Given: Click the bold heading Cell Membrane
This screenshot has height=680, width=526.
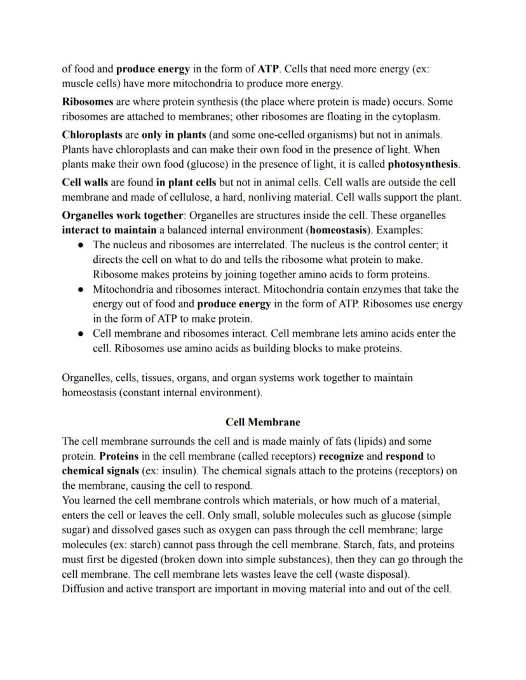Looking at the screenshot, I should [263, 422].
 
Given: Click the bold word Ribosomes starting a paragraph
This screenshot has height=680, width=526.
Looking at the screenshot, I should [88, 102].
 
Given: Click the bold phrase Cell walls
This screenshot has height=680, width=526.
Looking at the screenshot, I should [85, 182].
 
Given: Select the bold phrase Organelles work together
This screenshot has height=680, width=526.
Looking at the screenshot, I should [123, 215].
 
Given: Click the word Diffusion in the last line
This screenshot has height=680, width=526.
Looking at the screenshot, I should [84, 589].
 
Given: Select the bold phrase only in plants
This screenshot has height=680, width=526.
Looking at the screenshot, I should [173, 135].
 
